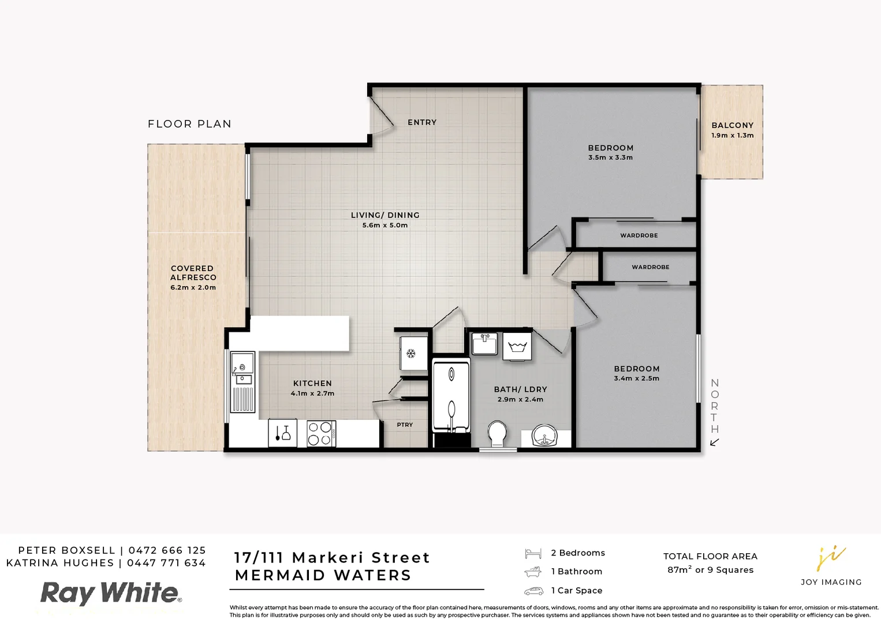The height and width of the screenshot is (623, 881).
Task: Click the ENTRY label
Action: (421, 122)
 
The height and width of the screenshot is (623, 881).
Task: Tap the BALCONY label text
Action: (732, 125)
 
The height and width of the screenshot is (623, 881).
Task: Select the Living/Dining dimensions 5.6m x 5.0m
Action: (385, 226)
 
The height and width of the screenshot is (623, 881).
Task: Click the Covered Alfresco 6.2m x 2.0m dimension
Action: (193, 287)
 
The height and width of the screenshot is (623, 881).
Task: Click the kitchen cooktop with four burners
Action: (321, 433)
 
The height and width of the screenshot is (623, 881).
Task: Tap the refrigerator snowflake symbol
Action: (411, 353)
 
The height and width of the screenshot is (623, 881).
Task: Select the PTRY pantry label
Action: (405, 425)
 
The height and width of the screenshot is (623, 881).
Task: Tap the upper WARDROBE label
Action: (639, 235)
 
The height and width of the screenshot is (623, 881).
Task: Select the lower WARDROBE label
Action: (650, 267)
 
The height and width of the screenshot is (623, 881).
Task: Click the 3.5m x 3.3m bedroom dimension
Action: (610, 157)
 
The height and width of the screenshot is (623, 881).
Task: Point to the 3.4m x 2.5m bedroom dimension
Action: (636, 378)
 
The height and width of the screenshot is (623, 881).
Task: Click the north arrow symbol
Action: (714, 442)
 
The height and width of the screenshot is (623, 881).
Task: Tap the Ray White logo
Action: (110, 593)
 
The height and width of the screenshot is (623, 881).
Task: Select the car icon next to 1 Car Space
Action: (533, 591)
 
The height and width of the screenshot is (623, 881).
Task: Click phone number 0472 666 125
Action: (167, 550)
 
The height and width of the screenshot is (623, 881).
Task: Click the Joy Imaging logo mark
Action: (831, 558)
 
